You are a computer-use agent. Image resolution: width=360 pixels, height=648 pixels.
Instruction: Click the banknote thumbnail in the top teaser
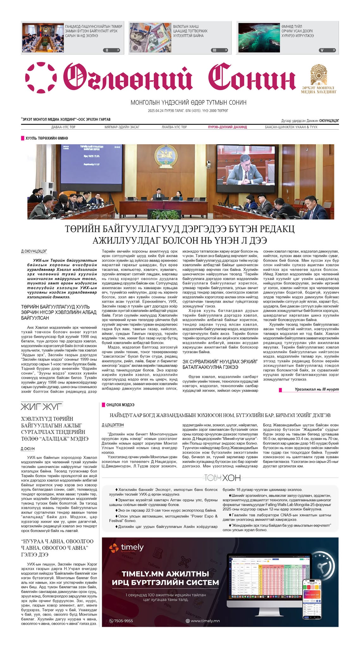(x=150, y=37)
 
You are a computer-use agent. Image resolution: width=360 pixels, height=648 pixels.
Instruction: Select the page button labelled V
(x=327, y=50)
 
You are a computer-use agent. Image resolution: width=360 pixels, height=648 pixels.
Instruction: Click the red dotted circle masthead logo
(x=41, y=78)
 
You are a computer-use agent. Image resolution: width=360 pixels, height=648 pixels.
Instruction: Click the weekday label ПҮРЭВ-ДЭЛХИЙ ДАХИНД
(x=227, y=127)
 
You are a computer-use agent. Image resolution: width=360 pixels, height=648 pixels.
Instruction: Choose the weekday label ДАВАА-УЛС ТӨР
(x=63, y=127)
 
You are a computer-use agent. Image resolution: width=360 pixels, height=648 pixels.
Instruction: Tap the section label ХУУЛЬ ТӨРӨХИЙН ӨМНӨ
(x=47, y=138)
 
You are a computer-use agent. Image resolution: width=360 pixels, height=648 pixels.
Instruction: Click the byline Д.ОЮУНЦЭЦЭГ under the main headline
(x=34, y=251)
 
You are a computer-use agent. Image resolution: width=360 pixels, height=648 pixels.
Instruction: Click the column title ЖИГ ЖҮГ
(x=41, y=406)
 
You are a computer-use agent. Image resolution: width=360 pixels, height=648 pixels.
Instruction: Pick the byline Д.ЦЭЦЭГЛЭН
(x=113, y=425)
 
